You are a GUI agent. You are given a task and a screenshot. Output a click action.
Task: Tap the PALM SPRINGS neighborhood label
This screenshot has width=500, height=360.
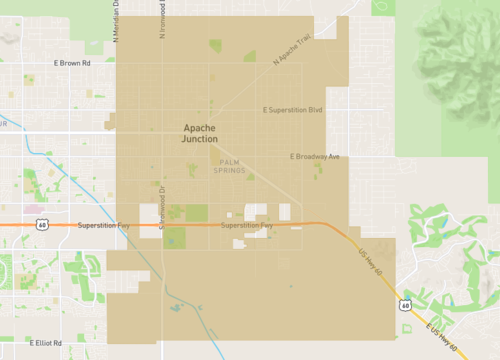pyautogui.click(x=229, y=166)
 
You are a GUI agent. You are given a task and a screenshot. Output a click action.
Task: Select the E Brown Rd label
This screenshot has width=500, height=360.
pyautogui.click(x=71, y=63)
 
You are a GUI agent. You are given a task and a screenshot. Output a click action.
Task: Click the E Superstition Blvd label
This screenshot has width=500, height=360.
pyautogui.click(x=292, y=110)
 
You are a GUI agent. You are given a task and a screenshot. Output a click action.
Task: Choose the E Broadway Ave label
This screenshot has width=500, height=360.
pyautogui.click(x=315, y=156)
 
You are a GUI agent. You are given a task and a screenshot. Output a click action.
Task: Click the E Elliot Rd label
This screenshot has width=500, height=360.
pyautogui.click(x=46, y=342)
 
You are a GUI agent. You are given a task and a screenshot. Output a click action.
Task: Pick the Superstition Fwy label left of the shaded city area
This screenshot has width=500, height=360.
pyautogui.click(x=97, y=226)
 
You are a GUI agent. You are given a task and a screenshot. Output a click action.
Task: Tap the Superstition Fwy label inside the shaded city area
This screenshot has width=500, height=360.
pyautogui.click(x=247, y=226)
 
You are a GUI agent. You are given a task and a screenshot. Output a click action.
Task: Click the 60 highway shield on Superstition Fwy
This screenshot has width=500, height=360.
pyautogui.click(x=41, y=226)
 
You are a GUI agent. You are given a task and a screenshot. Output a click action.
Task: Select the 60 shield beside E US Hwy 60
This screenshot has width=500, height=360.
pyautogui.click(x=404, y=305)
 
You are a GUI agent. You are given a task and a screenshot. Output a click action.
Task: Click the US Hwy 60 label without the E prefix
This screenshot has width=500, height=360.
pyautogui.click(x=371, y=261)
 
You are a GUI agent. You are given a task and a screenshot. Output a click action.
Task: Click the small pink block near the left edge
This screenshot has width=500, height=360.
pyautogui.click(x=39, y=210)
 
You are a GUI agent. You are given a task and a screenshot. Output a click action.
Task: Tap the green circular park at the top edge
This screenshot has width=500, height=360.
pyautogui.click(x=383, y=6)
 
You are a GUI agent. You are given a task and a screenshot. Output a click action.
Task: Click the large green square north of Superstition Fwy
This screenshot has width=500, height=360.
pyautogui.click(x=196, y=212)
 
